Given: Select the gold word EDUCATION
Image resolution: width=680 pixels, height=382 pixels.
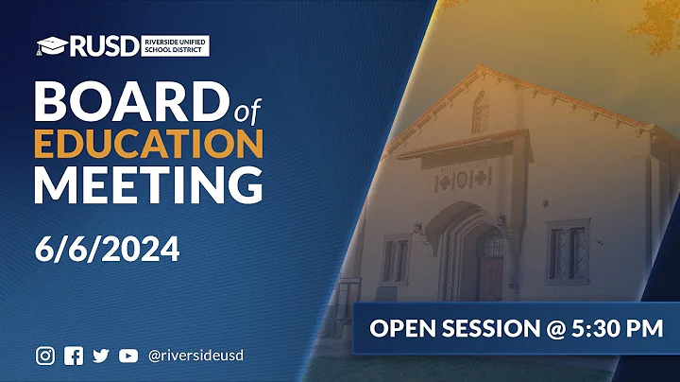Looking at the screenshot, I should click(148, 142).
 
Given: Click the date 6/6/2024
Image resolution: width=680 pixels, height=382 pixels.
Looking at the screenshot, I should click(107, 251).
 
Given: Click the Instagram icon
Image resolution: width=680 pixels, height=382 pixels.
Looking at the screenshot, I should click(45, 356).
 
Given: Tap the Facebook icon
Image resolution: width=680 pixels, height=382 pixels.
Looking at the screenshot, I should click(73, 356).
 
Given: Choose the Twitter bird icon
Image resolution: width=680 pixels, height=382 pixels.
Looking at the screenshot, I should click(100, 356).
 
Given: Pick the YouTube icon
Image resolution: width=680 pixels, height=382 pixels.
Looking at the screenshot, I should click(127, 356).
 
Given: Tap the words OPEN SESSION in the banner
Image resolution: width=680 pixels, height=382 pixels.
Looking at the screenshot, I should click(448, 328).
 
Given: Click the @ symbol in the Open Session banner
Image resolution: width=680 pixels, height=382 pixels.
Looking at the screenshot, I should click(542, 328).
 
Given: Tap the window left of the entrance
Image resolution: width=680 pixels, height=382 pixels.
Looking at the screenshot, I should click(395, 259).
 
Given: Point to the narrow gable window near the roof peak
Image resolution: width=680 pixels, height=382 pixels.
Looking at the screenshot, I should click(480, 111).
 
